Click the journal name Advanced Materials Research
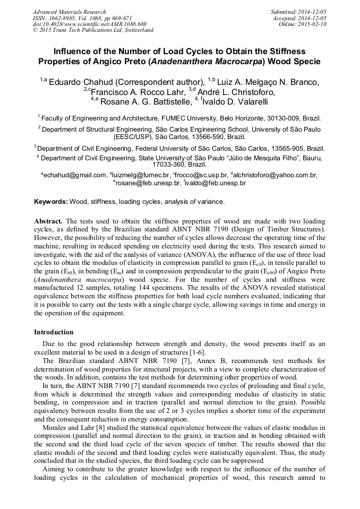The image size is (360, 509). (x=69, y=12)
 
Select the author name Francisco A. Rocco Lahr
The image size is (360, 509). (x=133, y=91)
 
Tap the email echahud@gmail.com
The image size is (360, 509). (x=75, y=175)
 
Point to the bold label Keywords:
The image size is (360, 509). (x=50, y=202)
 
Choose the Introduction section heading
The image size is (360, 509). (x=54, y=332)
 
